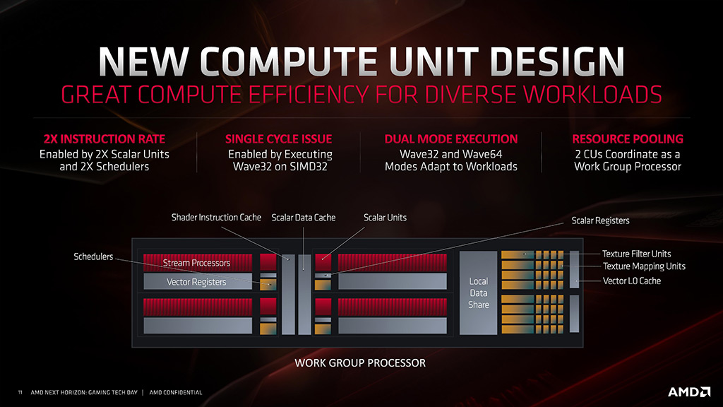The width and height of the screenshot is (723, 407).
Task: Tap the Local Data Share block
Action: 478,293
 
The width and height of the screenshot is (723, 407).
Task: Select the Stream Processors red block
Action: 197,263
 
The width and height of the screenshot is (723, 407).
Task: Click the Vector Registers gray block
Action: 197,282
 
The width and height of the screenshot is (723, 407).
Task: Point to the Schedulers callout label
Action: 93,256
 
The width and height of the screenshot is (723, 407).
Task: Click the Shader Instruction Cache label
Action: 216,218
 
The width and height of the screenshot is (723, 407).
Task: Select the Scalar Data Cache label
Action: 303,218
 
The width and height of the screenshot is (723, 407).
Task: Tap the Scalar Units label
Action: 385,218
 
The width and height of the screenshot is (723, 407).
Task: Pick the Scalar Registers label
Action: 600,221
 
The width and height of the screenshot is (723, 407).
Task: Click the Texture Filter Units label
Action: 636,254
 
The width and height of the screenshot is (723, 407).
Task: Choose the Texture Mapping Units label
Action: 644,266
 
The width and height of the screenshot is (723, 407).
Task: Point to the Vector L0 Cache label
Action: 632,281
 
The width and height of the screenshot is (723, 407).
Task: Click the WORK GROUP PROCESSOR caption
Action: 360,363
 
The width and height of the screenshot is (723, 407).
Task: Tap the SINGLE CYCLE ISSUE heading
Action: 278,139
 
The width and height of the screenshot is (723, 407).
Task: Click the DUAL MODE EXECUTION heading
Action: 450,139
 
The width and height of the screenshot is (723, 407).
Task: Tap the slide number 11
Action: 20,392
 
